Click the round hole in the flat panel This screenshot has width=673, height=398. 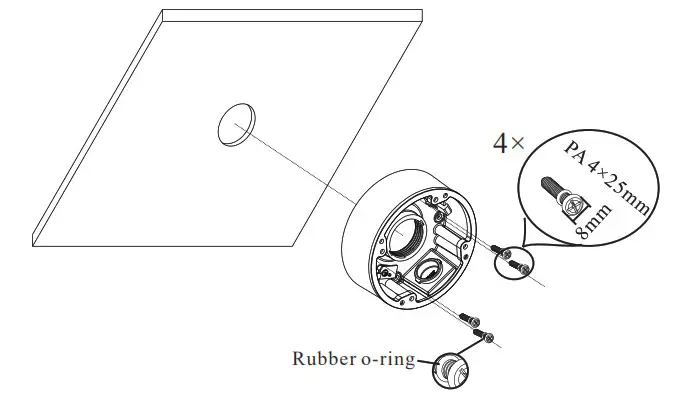pos(234,125)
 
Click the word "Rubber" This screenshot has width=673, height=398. pos(321,358)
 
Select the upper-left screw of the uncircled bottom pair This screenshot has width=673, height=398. pos(468,319)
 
